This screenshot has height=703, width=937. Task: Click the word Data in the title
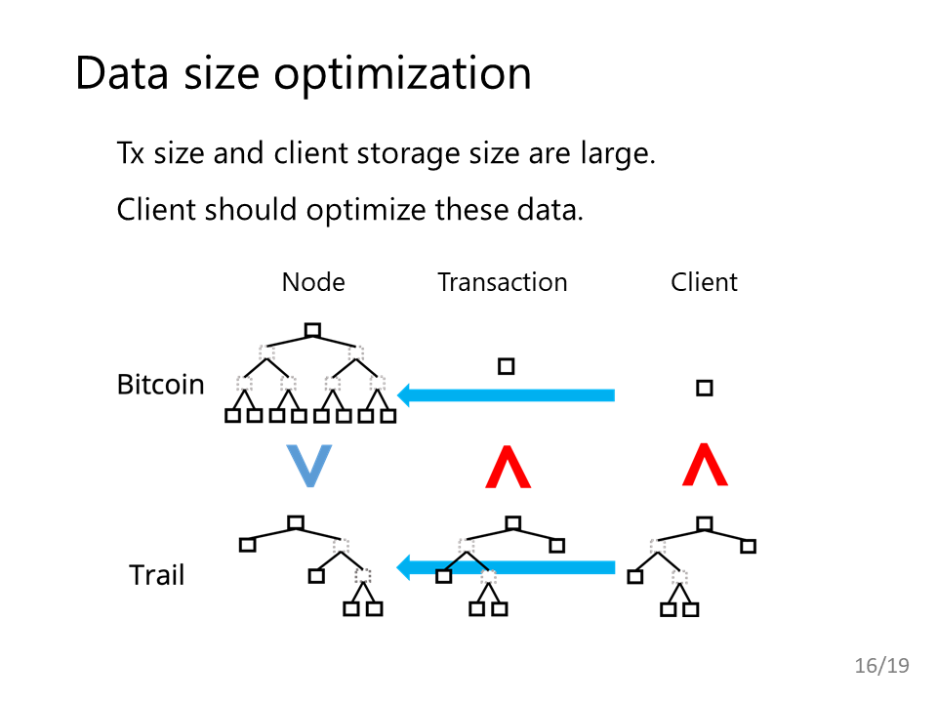(x=122, y=73)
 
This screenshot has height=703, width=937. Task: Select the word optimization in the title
(x=402, y=75)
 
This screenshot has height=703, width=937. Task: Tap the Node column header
(x=313, y=282)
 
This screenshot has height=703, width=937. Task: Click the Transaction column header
(x=502, y=282)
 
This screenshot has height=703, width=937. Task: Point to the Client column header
(x=704, y=282)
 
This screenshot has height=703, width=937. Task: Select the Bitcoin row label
(x=161, y=385)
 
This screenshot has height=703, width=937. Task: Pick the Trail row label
(x=156, y=575)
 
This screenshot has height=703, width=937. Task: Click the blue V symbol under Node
(x=309, y=466)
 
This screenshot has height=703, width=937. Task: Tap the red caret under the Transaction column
(x=508, y=467)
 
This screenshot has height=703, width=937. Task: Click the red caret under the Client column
(x=705, y=465)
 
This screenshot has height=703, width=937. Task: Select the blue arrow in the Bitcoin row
(x=506, y=395)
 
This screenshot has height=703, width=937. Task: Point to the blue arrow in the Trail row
(x=506, y=567)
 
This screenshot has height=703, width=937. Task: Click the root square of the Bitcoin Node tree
(x=312, y=330)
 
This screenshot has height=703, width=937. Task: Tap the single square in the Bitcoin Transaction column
(x=507, y=366)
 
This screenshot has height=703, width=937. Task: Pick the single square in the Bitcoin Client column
(x=705, y=388)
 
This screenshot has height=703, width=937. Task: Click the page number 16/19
(x=882, y=665)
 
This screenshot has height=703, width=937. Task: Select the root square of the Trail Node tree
(x=296, y=523)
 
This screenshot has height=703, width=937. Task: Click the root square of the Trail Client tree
(x=705, y=524)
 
